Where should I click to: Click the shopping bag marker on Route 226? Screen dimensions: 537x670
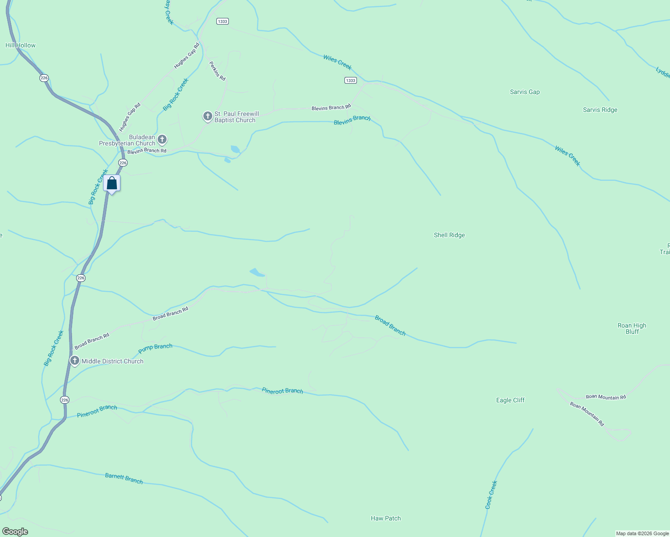click(112, 183)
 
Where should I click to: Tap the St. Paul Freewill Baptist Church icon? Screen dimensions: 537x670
click(207, 116)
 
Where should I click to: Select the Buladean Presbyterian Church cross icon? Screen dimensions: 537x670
click(162, 140)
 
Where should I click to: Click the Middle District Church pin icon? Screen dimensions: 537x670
click(74, 360)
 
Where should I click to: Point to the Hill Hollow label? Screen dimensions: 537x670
click(20, 45)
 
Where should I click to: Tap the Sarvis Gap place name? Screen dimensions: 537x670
click(524, 92)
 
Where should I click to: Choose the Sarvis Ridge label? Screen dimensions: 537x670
click(600, 110)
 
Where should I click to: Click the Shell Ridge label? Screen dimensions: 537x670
click(449, 235)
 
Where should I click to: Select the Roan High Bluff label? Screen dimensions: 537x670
click(631, 328)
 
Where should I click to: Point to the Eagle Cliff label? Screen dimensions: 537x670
click(510, 400)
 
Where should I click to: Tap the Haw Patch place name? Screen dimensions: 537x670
click(386, 518)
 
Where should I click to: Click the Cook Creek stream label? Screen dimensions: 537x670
click(491, 494)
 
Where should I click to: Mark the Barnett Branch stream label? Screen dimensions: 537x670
click(124, 478)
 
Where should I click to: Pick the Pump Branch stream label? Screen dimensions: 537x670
click(155, 347)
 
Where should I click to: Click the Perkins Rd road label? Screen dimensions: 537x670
click(217, 71)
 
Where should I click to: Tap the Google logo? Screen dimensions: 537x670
click(15, 532)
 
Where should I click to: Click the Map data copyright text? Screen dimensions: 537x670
click(642, 533)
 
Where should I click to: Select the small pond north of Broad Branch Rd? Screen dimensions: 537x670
click(257, 272)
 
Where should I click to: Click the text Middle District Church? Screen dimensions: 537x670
click(112, 361)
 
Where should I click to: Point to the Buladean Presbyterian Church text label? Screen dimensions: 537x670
click(127, 140)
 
